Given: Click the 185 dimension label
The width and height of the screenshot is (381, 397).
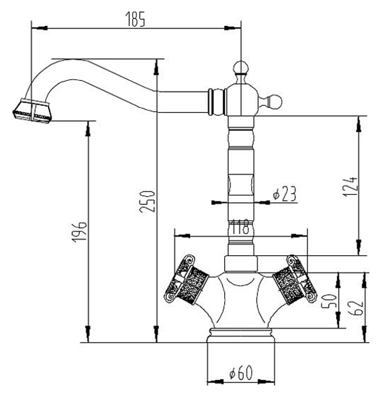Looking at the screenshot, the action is pos(135,19).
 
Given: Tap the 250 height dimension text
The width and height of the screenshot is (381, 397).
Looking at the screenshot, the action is pos(147,202).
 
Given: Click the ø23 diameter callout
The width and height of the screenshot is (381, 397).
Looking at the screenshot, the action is pos(285,194).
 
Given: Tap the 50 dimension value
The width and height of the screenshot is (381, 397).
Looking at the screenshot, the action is pos(329,300).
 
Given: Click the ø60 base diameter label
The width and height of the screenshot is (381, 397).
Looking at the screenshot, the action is pos(241,373).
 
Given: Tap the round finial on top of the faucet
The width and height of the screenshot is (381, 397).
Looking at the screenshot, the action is pos(240,67).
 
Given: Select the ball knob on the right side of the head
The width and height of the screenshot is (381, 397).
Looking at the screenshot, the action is pos(275,102).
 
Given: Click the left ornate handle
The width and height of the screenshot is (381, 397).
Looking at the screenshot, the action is pos(186,280).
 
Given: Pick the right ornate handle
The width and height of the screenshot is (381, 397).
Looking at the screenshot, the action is pos(295,279).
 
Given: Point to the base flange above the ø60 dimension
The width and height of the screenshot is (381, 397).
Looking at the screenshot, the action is pos(240,335).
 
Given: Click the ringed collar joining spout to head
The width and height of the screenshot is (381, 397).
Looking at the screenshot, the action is pos(217,102).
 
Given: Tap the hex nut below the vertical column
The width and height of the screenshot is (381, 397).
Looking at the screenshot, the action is pos(241,263).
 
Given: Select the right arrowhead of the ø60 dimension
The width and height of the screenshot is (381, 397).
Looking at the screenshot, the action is pos(266,388).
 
